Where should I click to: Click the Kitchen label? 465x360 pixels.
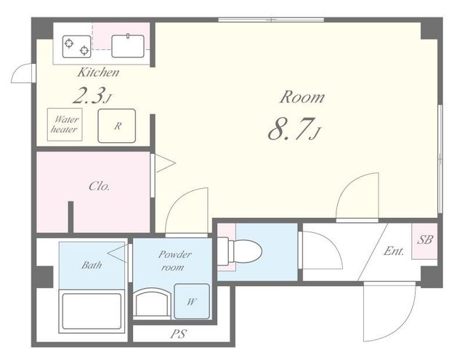point(98,73)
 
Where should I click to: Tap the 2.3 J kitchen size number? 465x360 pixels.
point(92,96)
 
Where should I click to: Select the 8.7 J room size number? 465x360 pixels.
point(294,129)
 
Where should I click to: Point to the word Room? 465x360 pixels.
point(302,97)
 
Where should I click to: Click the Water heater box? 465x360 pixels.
point(65,124)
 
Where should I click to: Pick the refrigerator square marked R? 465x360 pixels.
point(117,126)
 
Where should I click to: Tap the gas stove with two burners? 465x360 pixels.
point(76,46)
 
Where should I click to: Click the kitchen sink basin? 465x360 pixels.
point(128,46)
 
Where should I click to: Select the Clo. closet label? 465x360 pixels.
point(100,187)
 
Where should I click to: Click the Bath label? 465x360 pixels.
point(92,265)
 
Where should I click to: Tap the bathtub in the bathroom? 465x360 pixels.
point(92,311)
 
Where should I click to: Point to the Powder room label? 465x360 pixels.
point(174,261)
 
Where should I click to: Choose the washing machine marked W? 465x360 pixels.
point(192,301)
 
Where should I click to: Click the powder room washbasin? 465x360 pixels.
point(152,303)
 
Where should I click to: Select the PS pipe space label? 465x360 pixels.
point(179,334)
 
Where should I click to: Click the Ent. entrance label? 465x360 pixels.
point(394,251)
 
